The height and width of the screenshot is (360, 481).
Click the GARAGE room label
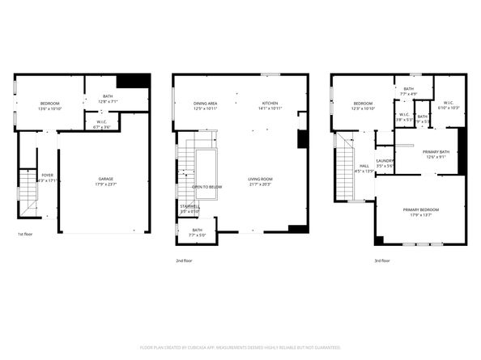tap(105, 179)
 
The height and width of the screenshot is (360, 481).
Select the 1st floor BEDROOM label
tap(51, 104)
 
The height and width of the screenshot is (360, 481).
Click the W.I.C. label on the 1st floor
tap(103, 123)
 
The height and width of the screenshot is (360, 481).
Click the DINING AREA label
tap(205, 104)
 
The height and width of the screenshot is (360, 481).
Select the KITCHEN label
tap(269, 104)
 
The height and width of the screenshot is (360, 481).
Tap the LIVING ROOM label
tap(260, 179)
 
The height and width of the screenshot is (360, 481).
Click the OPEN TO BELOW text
tap(207, 187)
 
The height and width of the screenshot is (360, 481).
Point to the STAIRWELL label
tap(189, 206)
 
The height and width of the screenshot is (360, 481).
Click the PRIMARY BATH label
tap(436, 152)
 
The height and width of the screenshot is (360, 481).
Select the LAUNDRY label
tap(385, 161)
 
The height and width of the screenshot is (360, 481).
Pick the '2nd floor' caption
tap(185, 261)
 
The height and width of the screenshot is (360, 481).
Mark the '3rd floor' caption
tap(381, 261)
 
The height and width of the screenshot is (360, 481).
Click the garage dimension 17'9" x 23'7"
tap(105, 184)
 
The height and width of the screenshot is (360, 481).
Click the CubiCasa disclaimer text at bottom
tap(240, 347)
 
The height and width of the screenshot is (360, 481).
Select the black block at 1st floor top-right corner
tap(133, 81)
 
